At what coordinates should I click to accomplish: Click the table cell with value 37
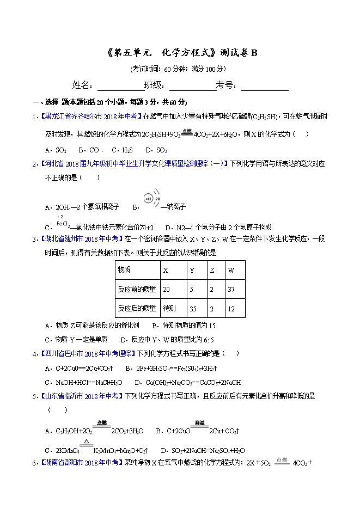click(x=236, y=289)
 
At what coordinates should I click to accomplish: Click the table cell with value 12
click(x=236, y=308)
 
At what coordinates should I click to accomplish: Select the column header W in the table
click(x=236, y=270)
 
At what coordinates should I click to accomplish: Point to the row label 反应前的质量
click(x=137, y=289)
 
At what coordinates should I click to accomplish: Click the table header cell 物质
click(x=137, y=270)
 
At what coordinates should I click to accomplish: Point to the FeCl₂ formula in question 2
click(x=62, y=224)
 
